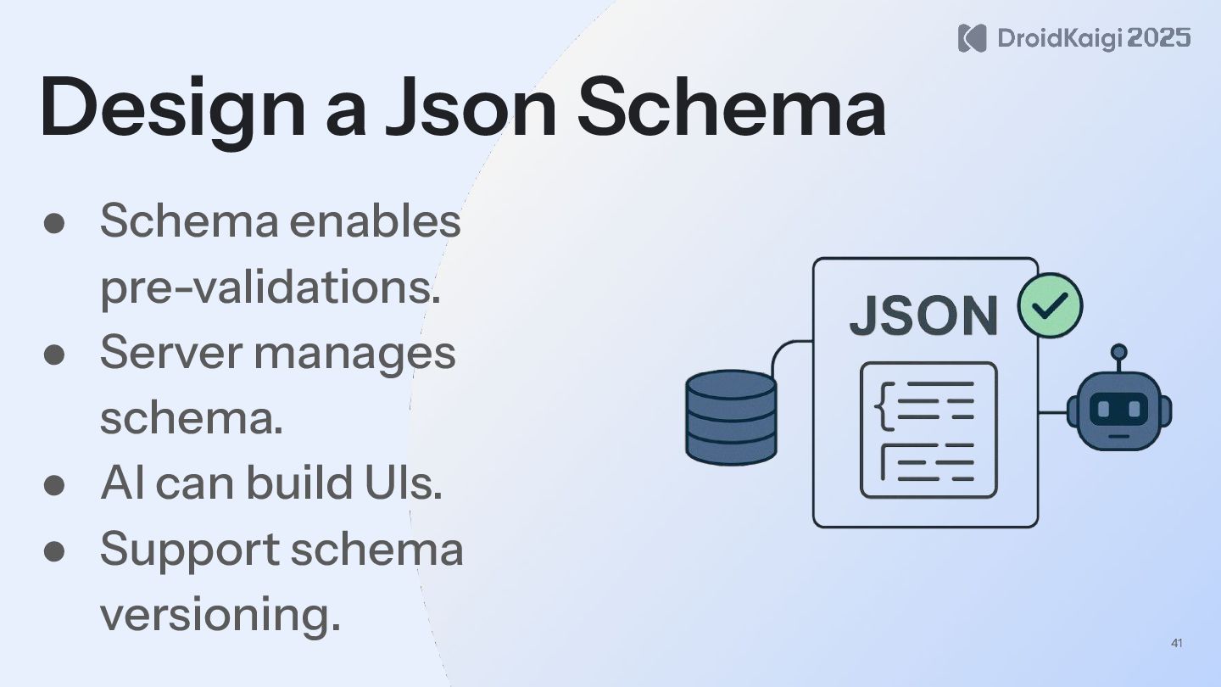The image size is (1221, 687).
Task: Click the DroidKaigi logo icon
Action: click(972, 38)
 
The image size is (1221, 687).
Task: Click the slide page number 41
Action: click(1176, 644)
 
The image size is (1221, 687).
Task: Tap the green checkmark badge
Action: click(1050, 305)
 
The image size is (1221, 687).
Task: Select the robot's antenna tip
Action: click(1119, 350)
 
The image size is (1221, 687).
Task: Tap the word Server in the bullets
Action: click(170, 352)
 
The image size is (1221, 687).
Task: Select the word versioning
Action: click(220, 614)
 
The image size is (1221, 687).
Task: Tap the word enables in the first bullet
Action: click(375, 221)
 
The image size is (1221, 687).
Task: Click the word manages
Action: click(354, 354)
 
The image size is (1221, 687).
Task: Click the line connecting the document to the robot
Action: click(1052, 413)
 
